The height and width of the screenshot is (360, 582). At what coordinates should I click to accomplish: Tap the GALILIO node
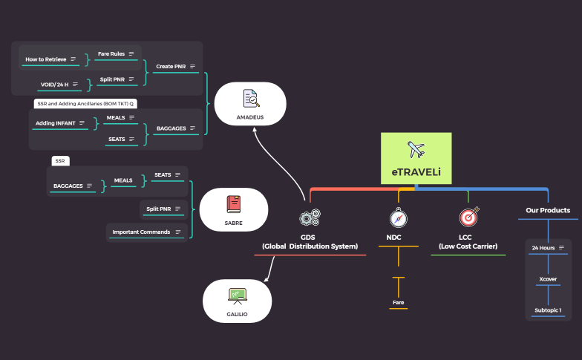pos(237,301)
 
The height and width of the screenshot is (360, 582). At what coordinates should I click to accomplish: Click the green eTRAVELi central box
pos(416,158)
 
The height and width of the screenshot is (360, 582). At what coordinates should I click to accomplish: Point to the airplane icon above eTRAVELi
pos(416,148)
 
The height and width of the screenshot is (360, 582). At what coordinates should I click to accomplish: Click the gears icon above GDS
pos(310,217)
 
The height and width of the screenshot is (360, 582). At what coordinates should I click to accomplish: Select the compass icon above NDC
pos(399,217)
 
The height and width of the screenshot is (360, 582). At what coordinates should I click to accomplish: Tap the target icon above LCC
pos(468,217)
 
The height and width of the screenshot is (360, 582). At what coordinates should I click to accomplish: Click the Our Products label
pos(548,210)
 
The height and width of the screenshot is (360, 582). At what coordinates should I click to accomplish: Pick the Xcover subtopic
pos(548,279)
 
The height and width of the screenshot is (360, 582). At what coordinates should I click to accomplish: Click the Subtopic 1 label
pos(548,310)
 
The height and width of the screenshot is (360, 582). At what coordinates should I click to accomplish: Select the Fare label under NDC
pos(399,302)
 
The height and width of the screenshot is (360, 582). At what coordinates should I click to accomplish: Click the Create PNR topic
pos(171,66)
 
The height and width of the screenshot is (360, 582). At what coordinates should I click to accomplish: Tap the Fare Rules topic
pos(111,53)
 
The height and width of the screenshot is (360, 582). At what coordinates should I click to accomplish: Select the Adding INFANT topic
pos(55,122)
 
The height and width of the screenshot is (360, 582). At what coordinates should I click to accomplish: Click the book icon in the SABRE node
pos(233,202)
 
